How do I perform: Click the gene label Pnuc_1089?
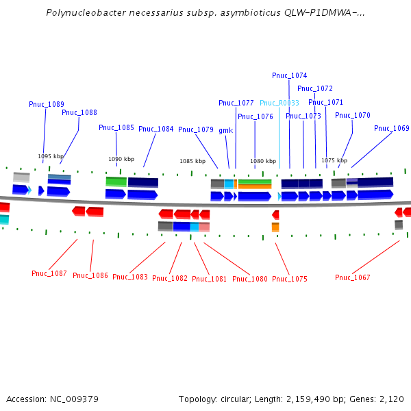coord(47,104)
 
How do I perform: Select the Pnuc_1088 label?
coord(79,112)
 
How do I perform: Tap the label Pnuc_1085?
coord(116,127)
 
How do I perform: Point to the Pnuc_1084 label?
coord(156,129)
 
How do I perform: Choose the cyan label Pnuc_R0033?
coord(279,103)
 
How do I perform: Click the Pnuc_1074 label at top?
coord(290,75)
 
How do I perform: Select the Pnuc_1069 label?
coord(392,128)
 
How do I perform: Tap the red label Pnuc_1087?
coord(49,273)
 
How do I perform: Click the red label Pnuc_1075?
coord(290,279)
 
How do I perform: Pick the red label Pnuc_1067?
coord(353,277)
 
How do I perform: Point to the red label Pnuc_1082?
coord(170,278)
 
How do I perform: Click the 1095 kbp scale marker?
coord(51,156)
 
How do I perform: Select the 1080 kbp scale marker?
coord(263,162)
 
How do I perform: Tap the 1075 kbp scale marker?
coord(334,160)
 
